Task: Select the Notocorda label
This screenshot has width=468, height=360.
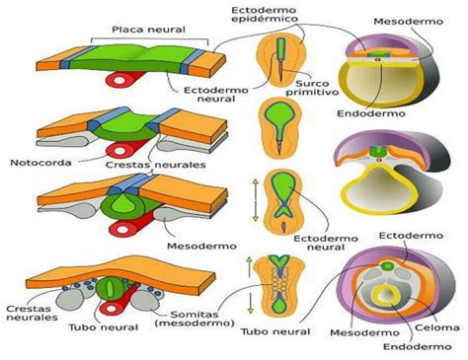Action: click(36, 162)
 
